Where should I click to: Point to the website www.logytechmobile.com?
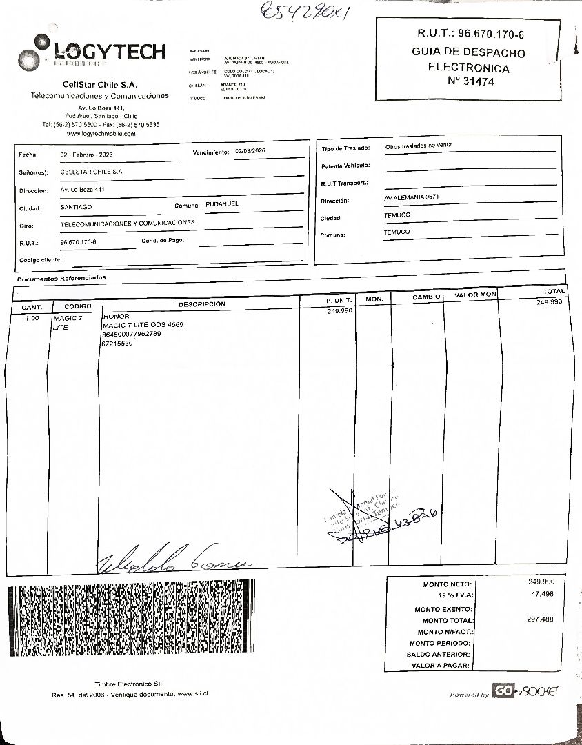coord(101,134)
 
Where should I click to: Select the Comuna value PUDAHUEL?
coord(222,205)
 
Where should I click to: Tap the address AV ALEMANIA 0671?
coord(412,197)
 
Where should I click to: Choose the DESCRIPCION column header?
coord(201,304)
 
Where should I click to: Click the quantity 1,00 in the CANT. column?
coord(32,318)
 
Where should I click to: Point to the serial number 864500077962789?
coord(131,334)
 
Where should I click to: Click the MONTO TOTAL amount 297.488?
coord(539,619)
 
